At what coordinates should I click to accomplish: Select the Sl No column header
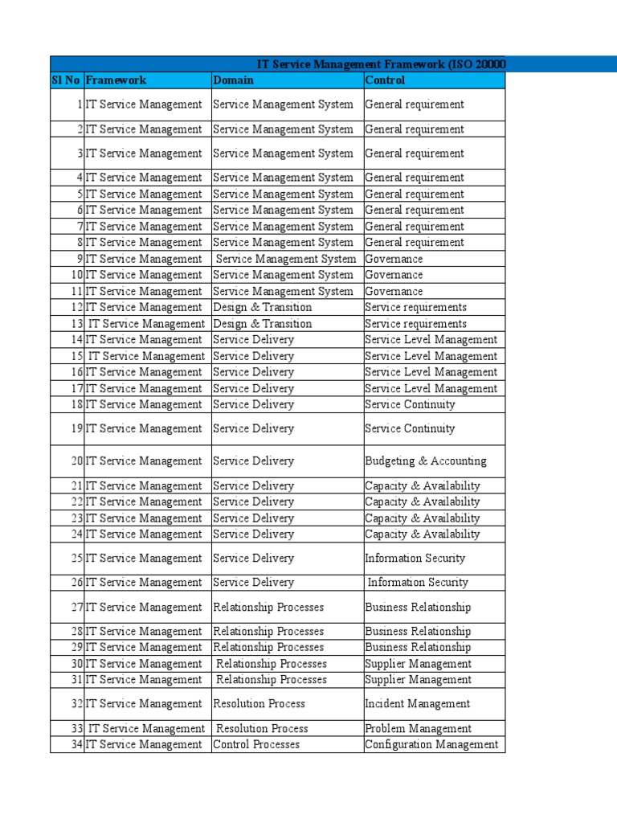tap(66, 80)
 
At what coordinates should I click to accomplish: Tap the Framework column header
tap(116, 80)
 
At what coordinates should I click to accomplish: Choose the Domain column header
tap(234, 80)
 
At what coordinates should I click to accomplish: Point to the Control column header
tap(386, 80)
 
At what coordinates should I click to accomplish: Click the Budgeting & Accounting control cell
tap(426, 461)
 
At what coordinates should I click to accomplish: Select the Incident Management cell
tap(418, 704)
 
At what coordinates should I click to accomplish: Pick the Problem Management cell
tap(419, 729)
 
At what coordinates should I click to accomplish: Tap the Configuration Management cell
tap(431, 744)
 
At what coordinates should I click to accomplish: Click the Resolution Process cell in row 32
tap(259, 704)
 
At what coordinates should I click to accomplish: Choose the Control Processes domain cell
tap(256, 744)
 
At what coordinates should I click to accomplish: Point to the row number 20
tap(76, 461)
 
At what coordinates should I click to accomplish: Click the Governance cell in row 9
tap(394, 259)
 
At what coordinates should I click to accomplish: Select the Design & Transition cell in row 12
tap(263, 307)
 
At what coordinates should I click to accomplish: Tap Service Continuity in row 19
tap(410, 429)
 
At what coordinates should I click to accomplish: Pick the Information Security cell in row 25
tap(415, 559)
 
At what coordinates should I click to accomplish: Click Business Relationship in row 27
tap(418, 608)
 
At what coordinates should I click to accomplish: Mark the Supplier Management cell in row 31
tap(419, 680)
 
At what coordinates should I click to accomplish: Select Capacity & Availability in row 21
tap(423, 486)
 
